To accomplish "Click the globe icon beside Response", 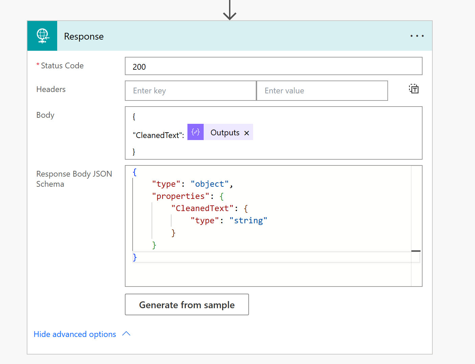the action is [43, 36].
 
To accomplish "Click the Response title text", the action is [84, 36].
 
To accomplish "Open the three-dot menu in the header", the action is [417, 36].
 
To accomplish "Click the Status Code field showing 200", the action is [273, 66].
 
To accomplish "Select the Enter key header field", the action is [190, 91].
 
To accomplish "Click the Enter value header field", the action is [322, 91].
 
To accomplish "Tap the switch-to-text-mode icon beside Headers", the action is [413, 89].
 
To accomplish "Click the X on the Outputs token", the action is [247, 133].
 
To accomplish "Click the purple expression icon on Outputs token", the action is [196, 132].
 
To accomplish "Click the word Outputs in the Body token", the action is [225, 132].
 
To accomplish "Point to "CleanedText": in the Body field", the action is [158, 135].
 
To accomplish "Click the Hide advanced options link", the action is [75, 334].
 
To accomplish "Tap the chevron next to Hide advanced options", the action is [126, 334].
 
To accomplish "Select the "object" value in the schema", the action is [209, 184].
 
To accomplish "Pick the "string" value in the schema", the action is [248, 221].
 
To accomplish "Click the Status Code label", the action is [62, 66].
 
